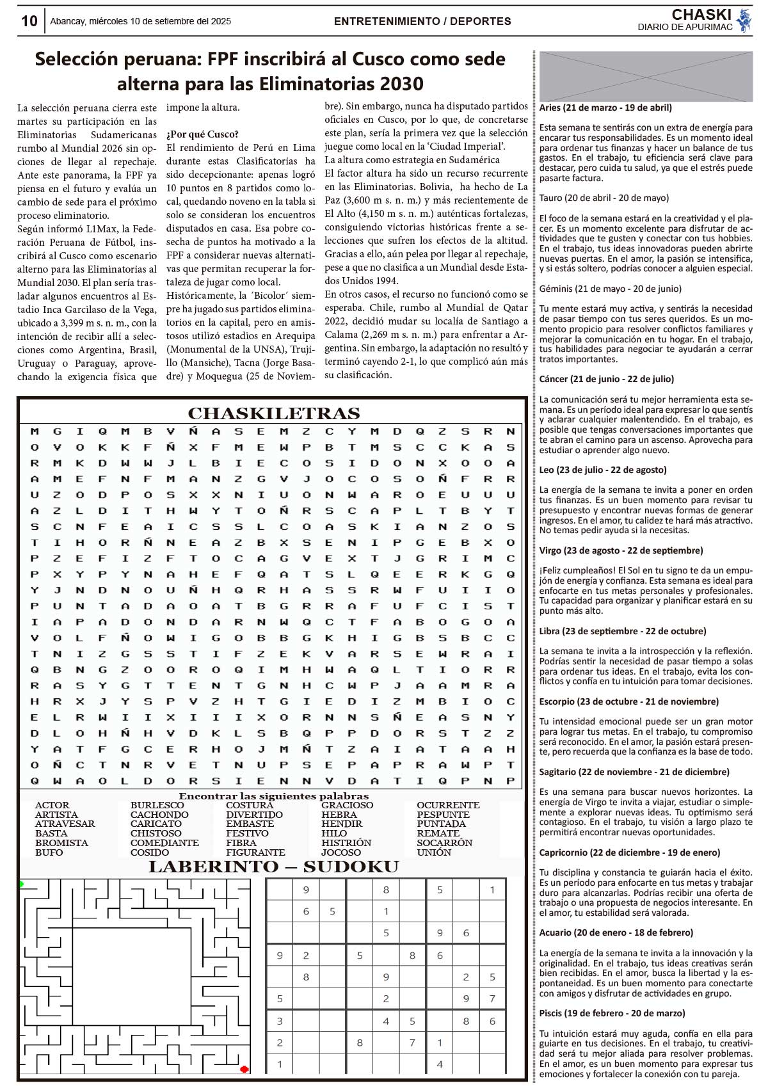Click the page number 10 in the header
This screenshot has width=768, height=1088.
29,21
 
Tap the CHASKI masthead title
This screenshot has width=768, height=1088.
701,15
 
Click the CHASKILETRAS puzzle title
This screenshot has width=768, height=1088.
273,413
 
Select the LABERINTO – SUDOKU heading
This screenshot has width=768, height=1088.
273,867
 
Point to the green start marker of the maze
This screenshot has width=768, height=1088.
21,884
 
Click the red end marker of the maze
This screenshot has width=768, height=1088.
244,1069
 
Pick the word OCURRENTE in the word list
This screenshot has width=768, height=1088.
447,805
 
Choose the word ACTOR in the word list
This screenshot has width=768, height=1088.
52,805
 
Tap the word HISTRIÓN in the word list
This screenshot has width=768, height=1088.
346,843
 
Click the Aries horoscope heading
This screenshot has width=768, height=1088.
605,108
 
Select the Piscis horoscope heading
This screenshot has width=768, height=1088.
611,1013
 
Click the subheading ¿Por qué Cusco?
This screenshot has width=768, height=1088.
202,134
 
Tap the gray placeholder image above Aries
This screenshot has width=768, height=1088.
646,76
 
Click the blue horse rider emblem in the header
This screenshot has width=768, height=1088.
744,20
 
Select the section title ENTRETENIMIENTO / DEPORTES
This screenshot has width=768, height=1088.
422,21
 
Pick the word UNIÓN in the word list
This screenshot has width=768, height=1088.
433,852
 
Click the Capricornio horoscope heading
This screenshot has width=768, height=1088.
629,852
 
